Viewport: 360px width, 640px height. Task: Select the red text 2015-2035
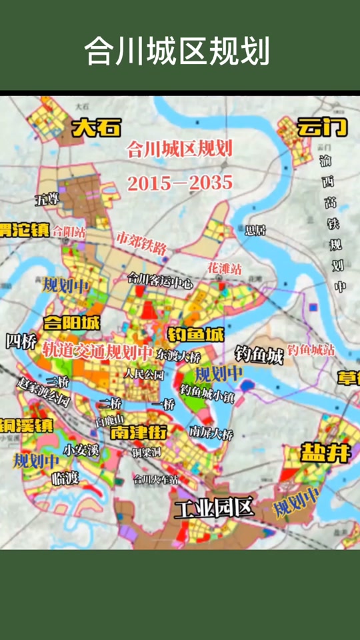tap(179, 182)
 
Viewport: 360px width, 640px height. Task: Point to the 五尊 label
tap(48, 199)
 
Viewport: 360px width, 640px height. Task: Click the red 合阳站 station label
tap(69, 232)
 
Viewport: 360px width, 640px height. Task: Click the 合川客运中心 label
tap(159, 282)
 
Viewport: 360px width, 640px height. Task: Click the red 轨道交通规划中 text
tap(97, 349)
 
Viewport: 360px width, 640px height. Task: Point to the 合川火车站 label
tap(155, 479)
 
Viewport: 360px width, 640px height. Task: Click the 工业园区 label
tap(214, 509)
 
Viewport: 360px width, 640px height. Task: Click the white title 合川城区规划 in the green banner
tap(177, 52)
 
